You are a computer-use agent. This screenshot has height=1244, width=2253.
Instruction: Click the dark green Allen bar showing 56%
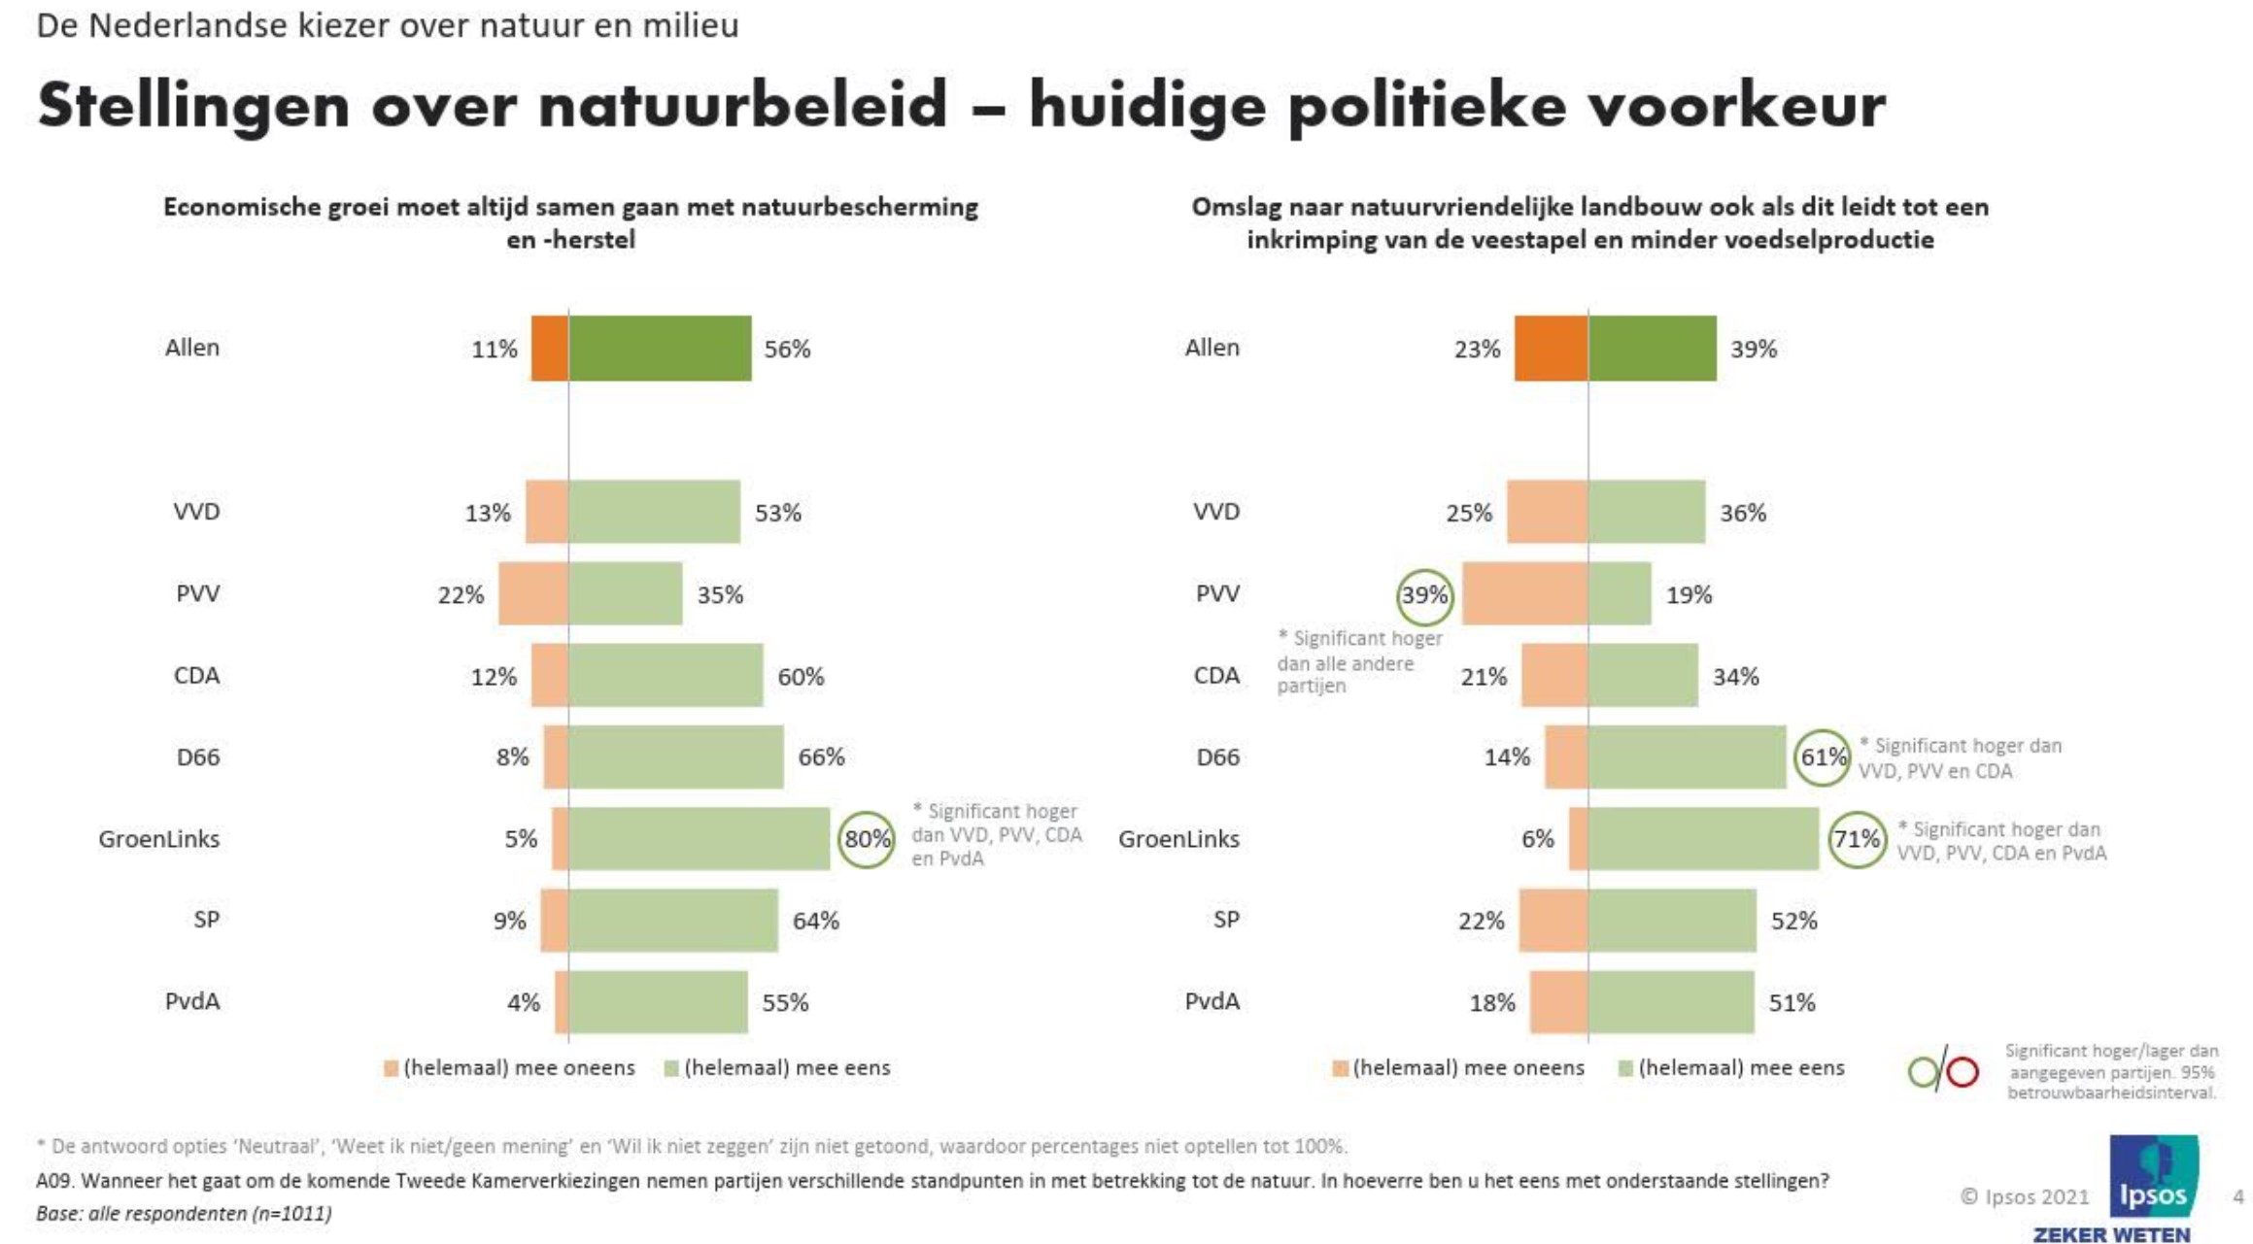(x=660, y=348)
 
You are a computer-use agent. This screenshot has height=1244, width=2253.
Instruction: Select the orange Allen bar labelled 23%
(x=1551, y=348)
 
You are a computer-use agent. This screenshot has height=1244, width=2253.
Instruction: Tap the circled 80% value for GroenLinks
(x=867, y=839)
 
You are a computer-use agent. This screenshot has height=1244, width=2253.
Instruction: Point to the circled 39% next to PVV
(x=1424, y=595)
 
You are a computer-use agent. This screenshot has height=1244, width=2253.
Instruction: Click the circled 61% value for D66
(x=1823, y=757)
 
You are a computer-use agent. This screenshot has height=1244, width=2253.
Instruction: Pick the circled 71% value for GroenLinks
(x=1857, y=839)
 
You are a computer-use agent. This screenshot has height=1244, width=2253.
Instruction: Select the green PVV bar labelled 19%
(x=1620, y=593)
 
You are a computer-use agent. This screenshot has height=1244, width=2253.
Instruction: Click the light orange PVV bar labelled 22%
(x=533, y=593)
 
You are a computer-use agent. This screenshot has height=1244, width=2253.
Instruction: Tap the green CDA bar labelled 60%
(x=666, y=675)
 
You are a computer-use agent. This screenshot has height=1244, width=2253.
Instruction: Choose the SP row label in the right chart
(x=1226, y=920)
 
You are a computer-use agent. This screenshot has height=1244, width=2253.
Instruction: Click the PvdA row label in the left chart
(x=192, y=1001)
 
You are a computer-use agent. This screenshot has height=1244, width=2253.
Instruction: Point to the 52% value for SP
(x=1793, y=921)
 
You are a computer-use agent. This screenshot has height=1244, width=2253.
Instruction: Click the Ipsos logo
(x=2153, y=1177)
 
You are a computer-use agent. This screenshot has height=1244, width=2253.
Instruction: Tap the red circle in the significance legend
(x=1963, y=1072)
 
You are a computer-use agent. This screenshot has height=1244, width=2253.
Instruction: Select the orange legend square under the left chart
(x=392, y=1068)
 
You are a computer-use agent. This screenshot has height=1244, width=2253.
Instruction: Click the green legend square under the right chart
(x=1625, y=1068)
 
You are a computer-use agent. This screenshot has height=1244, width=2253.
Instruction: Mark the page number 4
(x=2238, y=1196)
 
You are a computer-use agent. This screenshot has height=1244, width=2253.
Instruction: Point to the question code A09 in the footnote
(x=54, y=1181)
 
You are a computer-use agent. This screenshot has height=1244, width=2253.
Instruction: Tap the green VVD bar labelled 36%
(x=1647, y=512)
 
